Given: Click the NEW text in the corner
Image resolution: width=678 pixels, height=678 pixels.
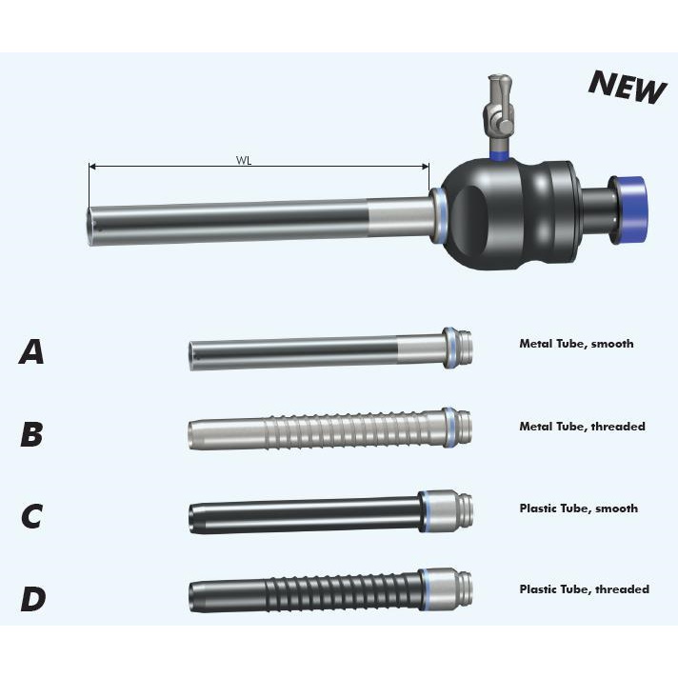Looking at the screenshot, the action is click(627, 88).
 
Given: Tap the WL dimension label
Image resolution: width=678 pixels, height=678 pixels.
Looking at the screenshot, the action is click(244, 160).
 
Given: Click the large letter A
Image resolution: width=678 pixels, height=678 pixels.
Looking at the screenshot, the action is click(31, 351).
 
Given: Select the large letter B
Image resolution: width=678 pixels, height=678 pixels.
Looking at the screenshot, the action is click(31, 433).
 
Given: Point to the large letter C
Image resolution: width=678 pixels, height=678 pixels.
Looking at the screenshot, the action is click(31, 515).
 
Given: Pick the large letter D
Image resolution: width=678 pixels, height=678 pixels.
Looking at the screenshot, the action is click(33, 598).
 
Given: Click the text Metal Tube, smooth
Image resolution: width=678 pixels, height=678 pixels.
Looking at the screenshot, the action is click(576, 344).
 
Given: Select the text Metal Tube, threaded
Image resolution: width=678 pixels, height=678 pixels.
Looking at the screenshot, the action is click(582, 427).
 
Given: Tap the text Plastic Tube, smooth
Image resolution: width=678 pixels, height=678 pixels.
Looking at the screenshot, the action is click(579, 508).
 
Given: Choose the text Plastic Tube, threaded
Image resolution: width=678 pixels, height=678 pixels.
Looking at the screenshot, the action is click(584, 589).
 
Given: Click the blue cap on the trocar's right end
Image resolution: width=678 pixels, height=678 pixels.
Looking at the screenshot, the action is click(632, 210).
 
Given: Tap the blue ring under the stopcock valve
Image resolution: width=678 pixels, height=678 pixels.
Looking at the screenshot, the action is click(499, 155).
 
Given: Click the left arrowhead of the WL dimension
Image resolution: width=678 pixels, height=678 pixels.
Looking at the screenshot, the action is click(91, 166).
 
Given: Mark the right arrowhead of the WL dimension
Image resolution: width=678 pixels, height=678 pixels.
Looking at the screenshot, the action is click(426, 166).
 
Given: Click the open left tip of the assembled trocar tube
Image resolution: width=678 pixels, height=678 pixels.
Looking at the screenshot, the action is click(91, 226).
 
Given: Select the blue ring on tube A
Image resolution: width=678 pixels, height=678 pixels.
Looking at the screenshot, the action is click(451, 349).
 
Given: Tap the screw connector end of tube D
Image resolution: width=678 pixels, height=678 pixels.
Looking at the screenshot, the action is click(465, 588).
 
